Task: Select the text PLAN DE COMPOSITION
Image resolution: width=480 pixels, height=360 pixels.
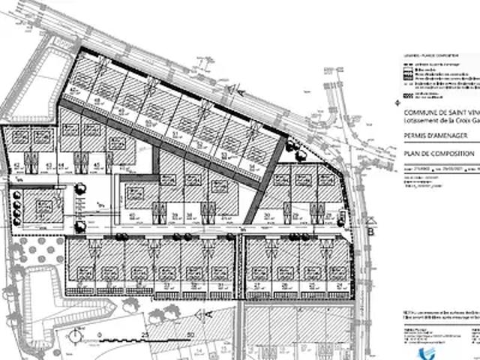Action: [x=439, y=153]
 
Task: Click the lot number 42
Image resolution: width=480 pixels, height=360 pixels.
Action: [x=16, y=166]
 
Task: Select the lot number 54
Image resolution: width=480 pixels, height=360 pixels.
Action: [x=253, y=166]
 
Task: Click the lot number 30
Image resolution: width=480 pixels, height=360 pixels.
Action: [x=267, y=215]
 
